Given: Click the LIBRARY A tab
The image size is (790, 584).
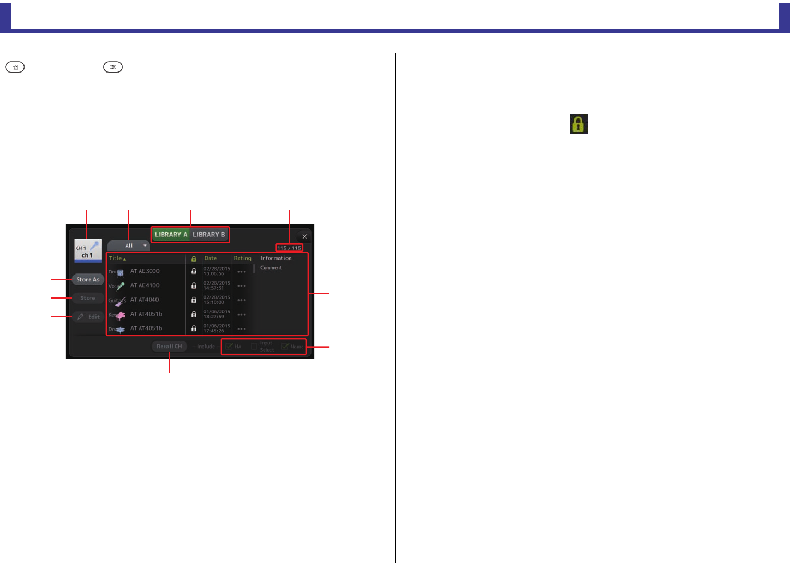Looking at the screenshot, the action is click(x=171, y=235).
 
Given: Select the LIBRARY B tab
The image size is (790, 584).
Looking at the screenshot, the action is click(x=209, y=235).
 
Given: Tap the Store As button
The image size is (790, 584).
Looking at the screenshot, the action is click(x=88, y=280).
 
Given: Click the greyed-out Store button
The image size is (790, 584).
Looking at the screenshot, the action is click(x=88, y=299).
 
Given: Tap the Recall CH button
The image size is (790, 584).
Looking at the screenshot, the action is click(x=169, y=347).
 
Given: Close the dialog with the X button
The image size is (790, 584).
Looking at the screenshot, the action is click(x=304, y=237).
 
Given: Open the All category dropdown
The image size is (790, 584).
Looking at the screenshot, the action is click(x=129, y=246).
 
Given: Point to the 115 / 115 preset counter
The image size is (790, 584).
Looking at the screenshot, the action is click(x=289, y=248).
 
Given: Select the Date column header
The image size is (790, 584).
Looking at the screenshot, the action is click(x=210, y=258).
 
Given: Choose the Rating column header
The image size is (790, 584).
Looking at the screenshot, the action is click(x=243, y=258).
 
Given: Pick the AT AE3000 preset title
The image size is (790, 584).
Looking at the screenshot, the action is click(x=145, y=271).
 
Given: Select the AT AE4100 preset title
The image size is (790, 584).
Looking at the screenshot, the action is click(x=145, y=285).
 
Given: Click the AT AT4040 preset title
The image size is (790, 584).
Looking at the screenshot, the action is click(x=145, y=300).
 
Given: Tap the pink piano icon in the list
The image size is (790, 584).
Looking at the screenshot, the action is click(x=121, y=315).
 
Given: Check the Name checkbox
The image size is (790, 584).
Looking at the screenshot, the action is click(x=285, y=347).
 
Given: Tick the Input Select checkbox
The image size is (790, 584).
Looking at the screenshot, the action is click(x=254, y=347).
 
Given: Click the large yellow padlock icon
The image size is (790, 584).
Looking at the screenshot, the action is click(x=578, y=124).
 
